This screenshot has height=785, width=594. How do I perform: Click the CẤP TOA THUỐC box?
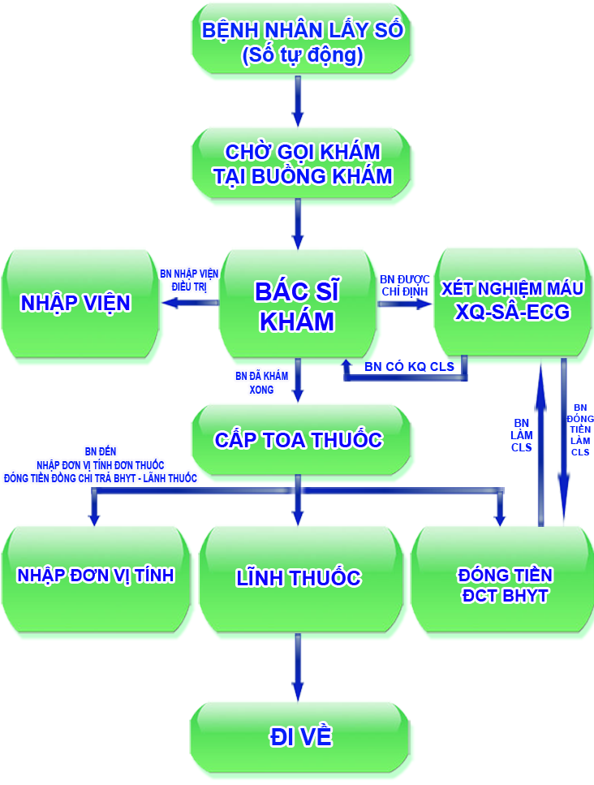tap(298, 440)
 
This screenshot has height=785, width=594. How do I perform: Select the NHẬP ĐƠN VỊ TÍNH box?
tap(96, 576)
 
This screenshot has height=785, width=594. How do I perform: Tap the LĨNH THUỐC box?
tap(298, 577)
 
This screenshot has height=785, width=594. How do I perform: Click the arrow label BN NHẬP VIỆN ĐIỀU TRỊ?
tap(189, 280)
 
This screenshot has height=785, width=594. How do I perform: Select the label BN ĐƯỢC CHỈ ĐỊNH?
tap(403, 285)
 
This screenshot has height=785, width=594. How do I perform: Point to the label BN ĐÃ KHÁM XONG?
tap(255, 382)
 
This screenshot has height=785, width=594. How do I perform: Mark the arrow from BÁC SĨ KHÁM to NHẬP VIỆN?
tap(190, 303)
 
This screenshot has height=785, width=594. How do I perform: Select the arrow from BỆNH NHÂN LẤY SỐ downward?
tap(298, 97)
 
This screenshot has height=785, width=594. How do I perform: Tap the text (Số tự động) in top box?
tap(302, 56)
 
